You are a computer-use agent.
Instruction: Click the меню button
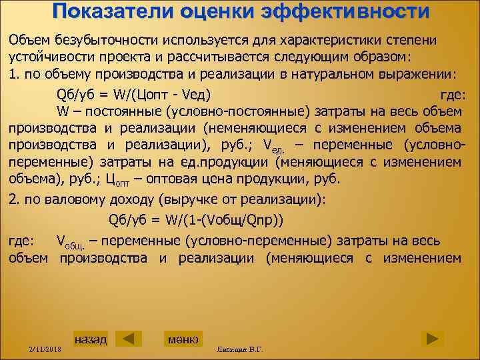click(x=183, y=339)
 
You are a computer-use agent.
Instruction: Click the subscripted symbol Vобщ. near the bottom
click(x=70, y=241)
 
